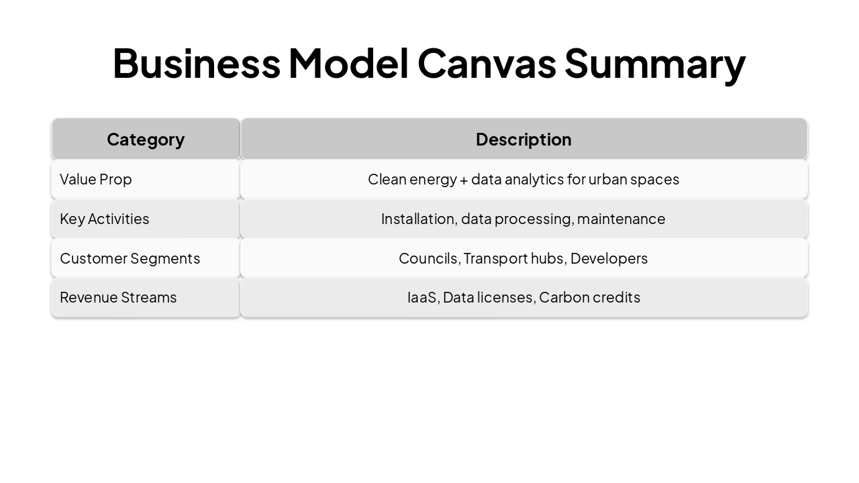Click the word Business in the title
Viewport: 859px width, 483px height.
(x=196, y=63)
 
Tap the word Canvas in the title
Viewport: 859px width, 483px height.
(x=487, y=63)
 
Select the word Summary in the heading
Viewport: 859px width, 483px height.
(x=654, y=63)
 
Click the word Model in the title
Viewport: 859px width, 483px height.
(x=348, y=63)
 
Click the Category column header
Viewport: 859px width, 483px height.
(x=146, y=140)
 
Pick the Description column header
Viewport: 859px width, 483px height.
(x=523, y=140)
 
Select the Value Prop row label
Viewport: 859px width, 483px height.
(x=96, y=179)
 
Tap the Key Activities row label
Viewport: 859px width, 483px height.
(x=105, y=219)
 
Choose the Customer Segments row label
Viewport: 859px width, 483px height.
(x=130, y=258)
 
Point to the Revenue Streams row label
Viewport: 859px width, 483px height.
(x=118, y=297)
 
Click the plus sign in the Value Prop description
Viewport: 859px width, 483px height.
(x=464, y=180)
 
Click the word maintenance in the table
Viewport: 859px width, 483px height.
(x=621, y=219)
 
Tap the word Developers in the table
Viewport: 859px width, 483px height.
(x=609, y=258)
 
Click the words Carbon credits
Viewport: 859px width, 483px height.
(x=589, y=297)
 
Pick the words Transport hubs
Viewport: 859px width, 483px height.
(x=514, y=258)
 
